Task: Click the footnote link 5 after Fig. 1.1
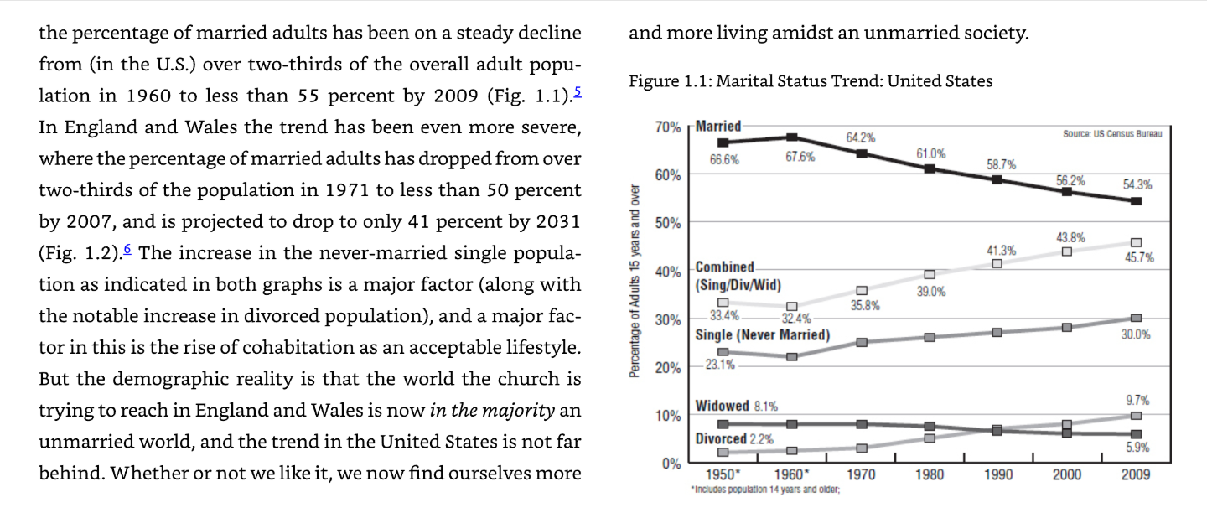[577, 91]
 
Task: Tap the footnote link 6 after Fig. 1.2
[127, 249]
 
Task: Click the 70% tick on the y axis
[668, 127]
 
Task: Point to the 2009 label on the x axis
[1135, 474]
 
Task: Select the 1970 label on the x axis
[861, 474]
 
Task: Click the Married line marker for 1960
[792, 137]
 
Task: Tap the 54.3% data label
[1137, 184]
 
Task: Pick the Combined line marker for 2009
[1136, 242]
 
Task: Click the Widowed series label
[722, 406]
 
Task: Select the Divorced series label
[721, 438]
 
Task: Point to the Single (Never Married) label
[763, 335]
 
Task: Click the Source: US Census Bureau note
[1112, 133]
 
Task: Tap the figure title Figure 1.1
[811, 80]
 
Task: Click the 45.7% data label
[1139, 257]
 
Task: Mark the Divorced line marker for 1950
[723, 452]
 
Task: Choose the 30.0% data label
[1136, 334]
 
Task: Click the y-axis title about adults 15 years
[635, 281]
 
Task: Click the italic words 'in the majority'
[492, 411]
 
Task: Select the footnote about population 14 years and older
[765, 490]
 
